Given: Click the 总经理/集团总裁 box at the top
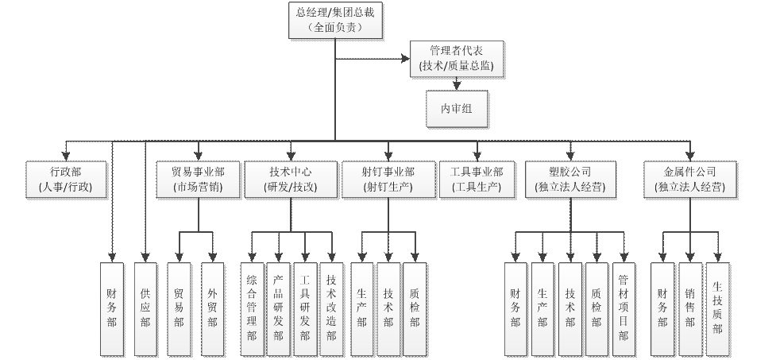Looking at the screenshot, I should click(334, 20).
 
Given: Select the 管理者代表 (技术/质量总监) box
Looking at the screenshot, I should click(456, 59).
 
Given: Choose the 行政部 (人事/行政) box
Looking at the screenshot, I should click(65, 180).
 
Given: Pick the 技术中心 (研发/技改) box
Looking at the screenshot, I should click(290, 180).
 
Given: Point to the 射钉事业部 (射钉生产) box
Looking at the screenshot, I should click(388, 180).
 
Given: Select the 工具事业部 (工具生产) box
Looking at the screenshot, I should click(477, 180).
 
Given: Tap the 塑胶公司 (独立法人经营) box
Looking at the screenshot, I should click(570, 180).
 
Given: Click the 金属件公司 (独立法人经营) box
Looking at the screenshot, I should click(689, 180).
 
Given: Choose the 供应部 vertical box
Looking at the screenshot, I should click(145, 308).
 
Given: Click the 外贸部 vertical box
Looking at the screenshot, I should click(211, 308).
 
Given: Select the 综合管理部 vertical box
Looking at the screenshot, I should click(252, 308).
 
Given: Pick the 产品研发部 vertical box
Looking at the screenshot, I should click(278, 308).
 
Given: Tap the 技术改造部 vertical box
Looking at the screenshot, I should click(331, 308).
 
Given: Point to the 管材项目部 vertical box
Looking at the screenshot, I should click(623, 308).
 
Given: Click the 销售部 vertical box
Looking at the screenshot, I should click(689, 308).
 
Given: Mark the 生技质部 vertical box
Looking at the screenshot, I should click(717, 308).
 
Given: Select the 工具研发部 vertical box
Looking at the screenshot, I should click(305, 308).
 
